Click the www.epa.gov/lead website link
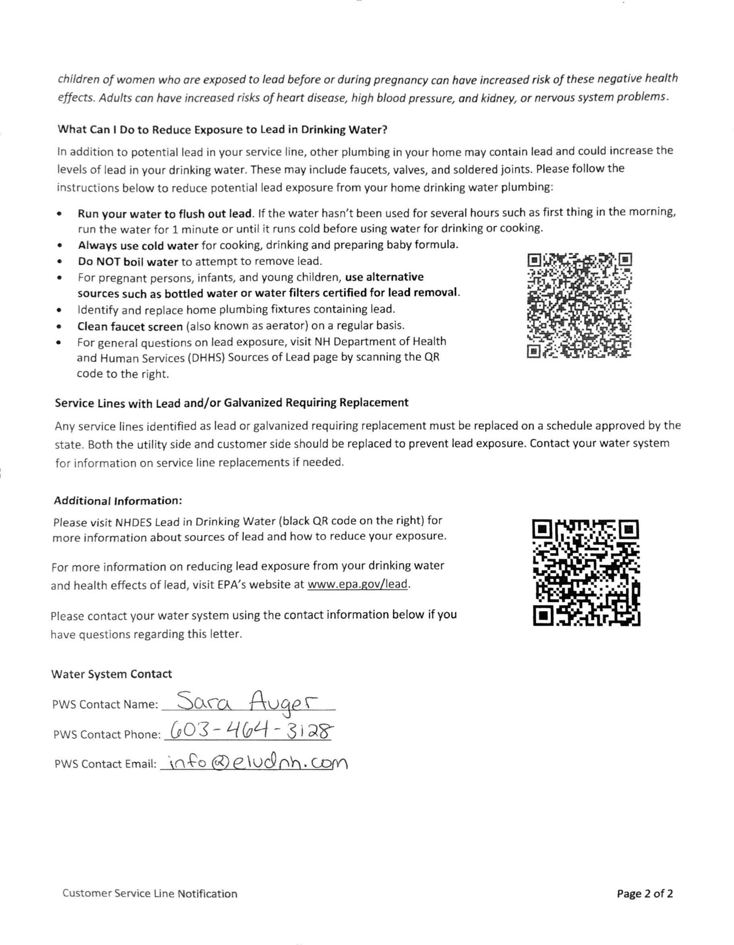coord(357,584)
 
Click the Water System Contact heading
coord(111,674)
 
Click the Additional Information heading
coord(118,501)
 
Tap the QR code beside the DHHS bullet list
coord(579,305)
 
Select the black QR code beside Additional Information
coord(586,573)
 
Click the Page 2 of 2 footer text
coord(644,894)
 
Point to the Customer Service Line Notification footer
coord(150,894)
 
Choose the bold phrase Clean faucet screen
coord(130,326)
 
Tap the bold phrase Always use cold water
coord(138,246)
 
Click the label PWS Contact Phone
coord(107,734)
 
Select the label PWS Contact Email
coord(105,764)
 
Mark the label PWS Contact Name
coord(105,704)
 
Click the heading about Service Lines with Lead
coord(231,403)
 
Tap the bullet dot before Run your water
coord(59,214)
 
